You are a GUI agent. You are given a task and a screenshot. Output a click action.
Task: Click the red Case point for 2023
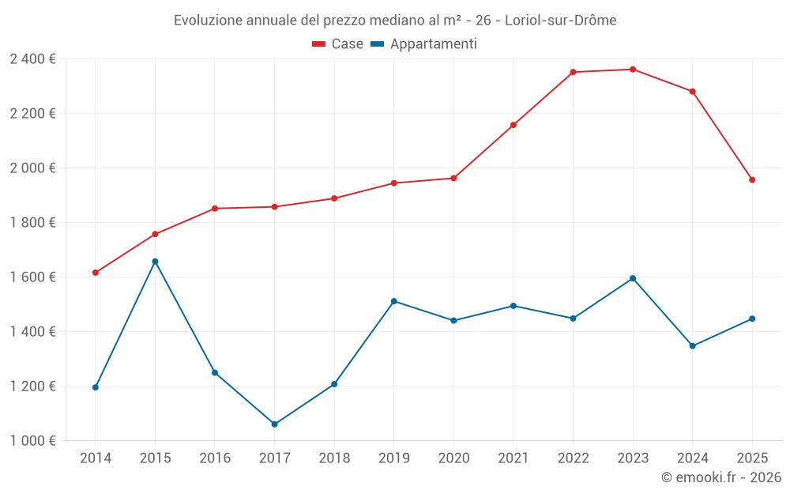[x=633, y=70]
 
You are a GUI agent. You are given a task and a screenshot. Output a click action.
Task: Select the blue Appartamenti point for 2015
[x=155, y=262]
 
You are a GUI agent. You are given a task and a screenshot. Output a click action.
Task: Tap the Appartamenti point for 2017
[x=274, y=424]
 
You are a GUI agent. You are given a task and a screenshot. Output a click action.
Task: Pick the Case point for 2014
[x=96, y=273]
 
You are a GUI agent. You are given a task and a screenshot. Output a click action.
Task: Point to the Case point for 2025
[x=752, y=180]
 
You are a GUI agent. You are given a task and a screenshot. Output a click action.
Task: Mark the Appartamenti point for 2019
[x=393, y=301]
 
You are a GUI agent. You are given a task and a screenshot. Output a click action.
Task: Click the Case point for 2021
[x=513, y=125]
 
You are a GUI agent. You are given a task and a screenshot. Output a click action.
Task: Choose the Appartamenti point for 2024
[x=693, y=346]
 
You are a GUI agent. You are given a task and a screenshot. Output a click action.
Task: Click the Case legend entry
[x=338, y=44]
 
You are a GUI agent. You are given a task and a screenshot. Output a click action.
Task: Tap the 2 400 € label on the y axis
[x=32, y=59]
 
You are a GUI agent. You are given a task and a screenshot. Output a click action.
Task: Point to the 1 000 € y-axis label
[x=32, y=441]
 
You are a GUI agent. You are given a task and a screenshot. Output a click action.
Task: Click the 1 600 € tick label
[x=32, y=277]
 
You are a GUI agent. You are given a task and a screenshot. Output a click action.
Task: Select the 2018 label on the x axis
[x=334, y=458]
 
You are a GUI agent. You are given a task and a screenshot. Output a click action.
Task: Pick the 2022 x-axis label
[x=573, y=458]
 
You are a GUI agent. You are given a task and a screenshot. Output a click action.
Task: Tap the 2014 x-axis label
[x=96, y=458]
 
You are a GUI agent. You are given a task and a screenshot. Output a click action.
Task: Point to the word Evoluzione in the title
[x=209, y=21]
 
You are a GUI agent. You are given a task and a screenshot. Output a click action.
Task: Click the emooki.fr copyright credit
[x=721, y=477]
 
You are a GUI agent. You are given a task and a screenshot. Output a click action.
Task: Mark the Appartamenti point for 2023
[x=633, y=278]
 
